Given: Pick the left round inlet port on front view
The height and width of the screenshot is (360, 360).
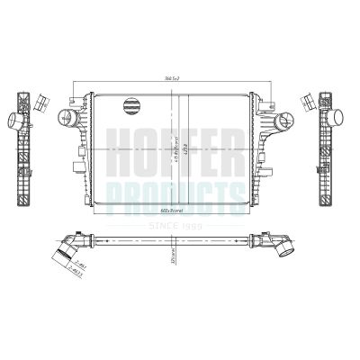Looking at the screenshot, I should click(63, 116).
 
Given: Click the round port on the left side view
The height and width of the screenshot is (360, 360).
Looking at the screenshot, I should click(16, 119).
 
